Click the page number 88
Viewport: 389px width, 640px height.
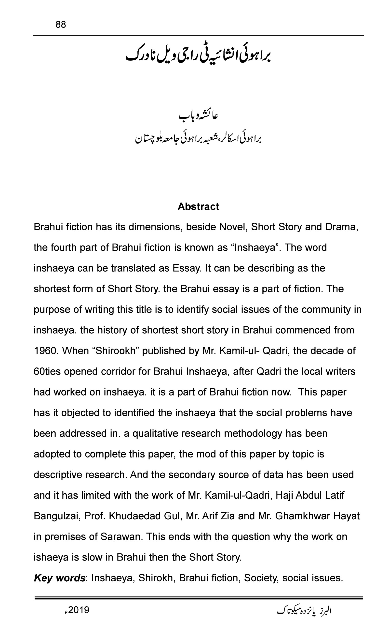(61, 25)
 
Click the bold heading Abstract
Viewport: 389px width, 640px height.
(198, 207)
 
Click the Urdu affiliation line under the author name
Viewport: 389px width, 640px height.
(198, 139)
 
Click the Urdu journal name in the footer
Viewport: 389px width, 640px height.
(304, 610)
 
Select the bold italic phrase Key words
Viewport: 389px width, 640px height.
(59, 578)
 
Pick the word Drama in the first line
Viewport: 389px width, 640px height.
(341, 227)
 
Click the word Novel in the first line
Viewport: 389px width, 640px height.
(232, 227)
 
